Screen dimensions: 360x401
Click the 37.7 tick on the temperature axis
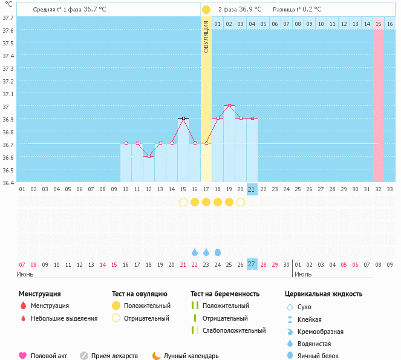click(x=9, y=18)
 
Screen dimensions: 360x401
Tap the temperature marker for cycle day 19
click(x=229, y=106)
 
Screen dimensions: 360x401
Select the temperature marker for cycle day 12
click(x=149, y=156)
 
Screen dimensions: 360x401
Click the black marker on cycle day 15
click(x=183, y=119)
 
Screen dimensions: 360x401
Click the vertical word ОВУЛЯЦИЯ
click(x=206, y=36)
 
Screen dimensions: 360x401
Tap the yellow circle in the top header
click(x=206, y=10)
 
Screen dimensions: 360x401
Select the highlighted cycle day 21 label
click(x=252, y=189)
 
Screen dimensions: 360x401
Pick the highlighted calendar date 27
click(x=252, y=264)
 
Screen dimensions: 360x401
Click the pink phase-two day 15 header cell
click(x=379, y=24)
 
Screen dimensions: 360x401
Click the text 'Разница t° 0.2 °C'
click(x=297, y=10)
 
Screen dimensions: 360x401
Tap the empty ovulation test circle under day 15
click(x=183, y=202)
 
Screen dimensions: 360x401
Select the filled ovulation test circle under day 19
click(x=229, y=202)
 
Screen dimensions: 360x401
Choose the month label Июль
click(x=304, y=274)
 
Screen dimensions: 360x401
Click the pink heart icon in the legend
click(x=23, y=356)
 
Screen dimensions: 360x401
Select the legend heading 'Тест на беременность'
click(x=225, y=294)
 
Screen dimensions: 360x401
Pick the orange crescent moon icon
click(x=157, y=356)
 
